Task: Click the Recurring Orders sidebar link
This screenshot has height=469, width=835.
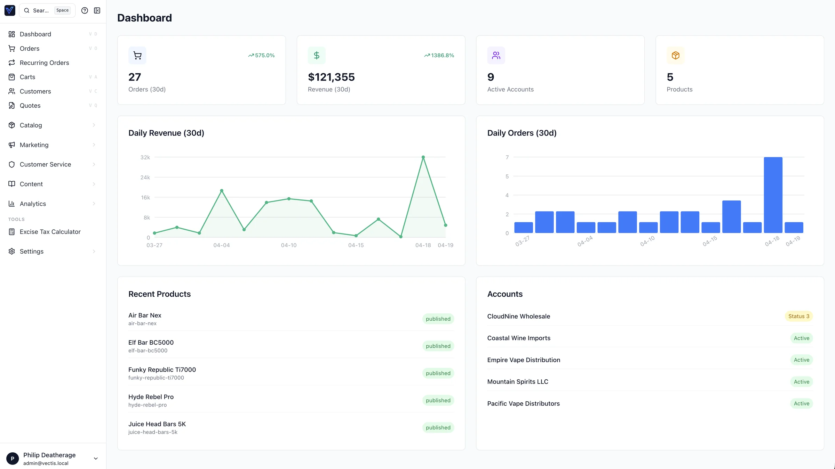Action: tap(44, 63)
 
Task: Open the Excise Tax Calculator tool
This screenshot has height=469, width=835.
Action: tap(50, 232)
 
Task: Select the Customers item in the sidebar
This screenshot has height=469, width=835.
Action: tap(35, 91)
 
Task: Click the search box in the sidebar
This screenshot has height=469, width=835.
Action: tap(41, 10)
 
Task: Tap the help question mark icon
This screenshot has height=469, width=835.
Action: tap(85, 10)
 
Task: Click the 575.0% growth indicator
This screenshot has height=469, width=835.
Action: tap(261, 55)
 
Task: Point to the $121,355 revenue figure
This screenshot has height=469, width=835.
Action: tap(331, 77)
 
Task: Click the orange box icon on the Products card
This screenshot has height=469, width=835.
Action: tap(675, 55)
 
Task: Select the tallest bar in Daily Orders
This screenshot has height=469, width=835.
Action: tap(773, 195)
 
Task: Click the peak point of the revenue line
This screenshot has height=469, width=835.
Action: tap(423, 157)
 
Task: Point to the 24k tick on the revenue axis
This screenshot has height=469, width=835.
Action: tap(145, 178)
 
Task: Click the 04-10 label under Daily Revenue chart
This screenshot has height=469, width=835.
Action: tap(288, 245)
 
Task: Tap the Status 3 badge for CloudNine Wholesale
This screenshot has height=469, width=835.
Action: tap(798, 316)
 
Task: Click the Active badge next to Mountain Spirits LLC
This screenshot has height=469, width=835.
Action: tap(801, 382)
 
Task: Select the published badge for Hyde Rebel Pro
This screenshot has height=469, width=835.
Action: tap(438, 401)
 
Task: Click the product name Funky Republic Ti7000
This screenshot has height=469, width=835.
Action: tap(162, 370)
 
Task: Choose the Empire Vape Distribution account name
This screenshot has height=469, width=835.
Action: tap(523, 360)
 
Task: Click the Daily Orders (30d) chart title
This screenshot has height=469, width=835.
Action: tap(522, 133)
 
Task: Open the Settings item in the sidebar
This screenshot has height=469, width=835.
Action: tap(31, 252)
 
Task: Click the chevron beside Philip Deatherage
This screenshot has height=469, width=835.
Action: tap(96, 459)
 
